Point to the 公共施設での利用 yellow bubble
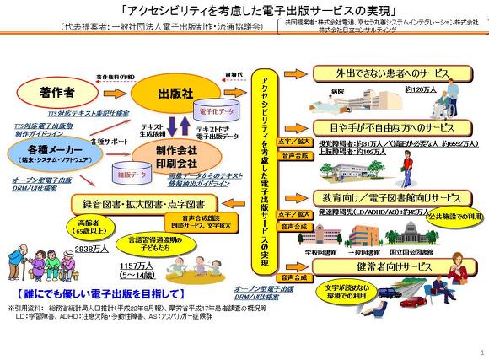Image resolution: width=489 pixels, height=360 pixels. click(x=456, y=215)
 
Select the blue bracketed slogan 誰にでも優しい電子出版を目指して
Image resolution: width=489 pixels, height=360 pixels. click(x=99, y=294)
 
